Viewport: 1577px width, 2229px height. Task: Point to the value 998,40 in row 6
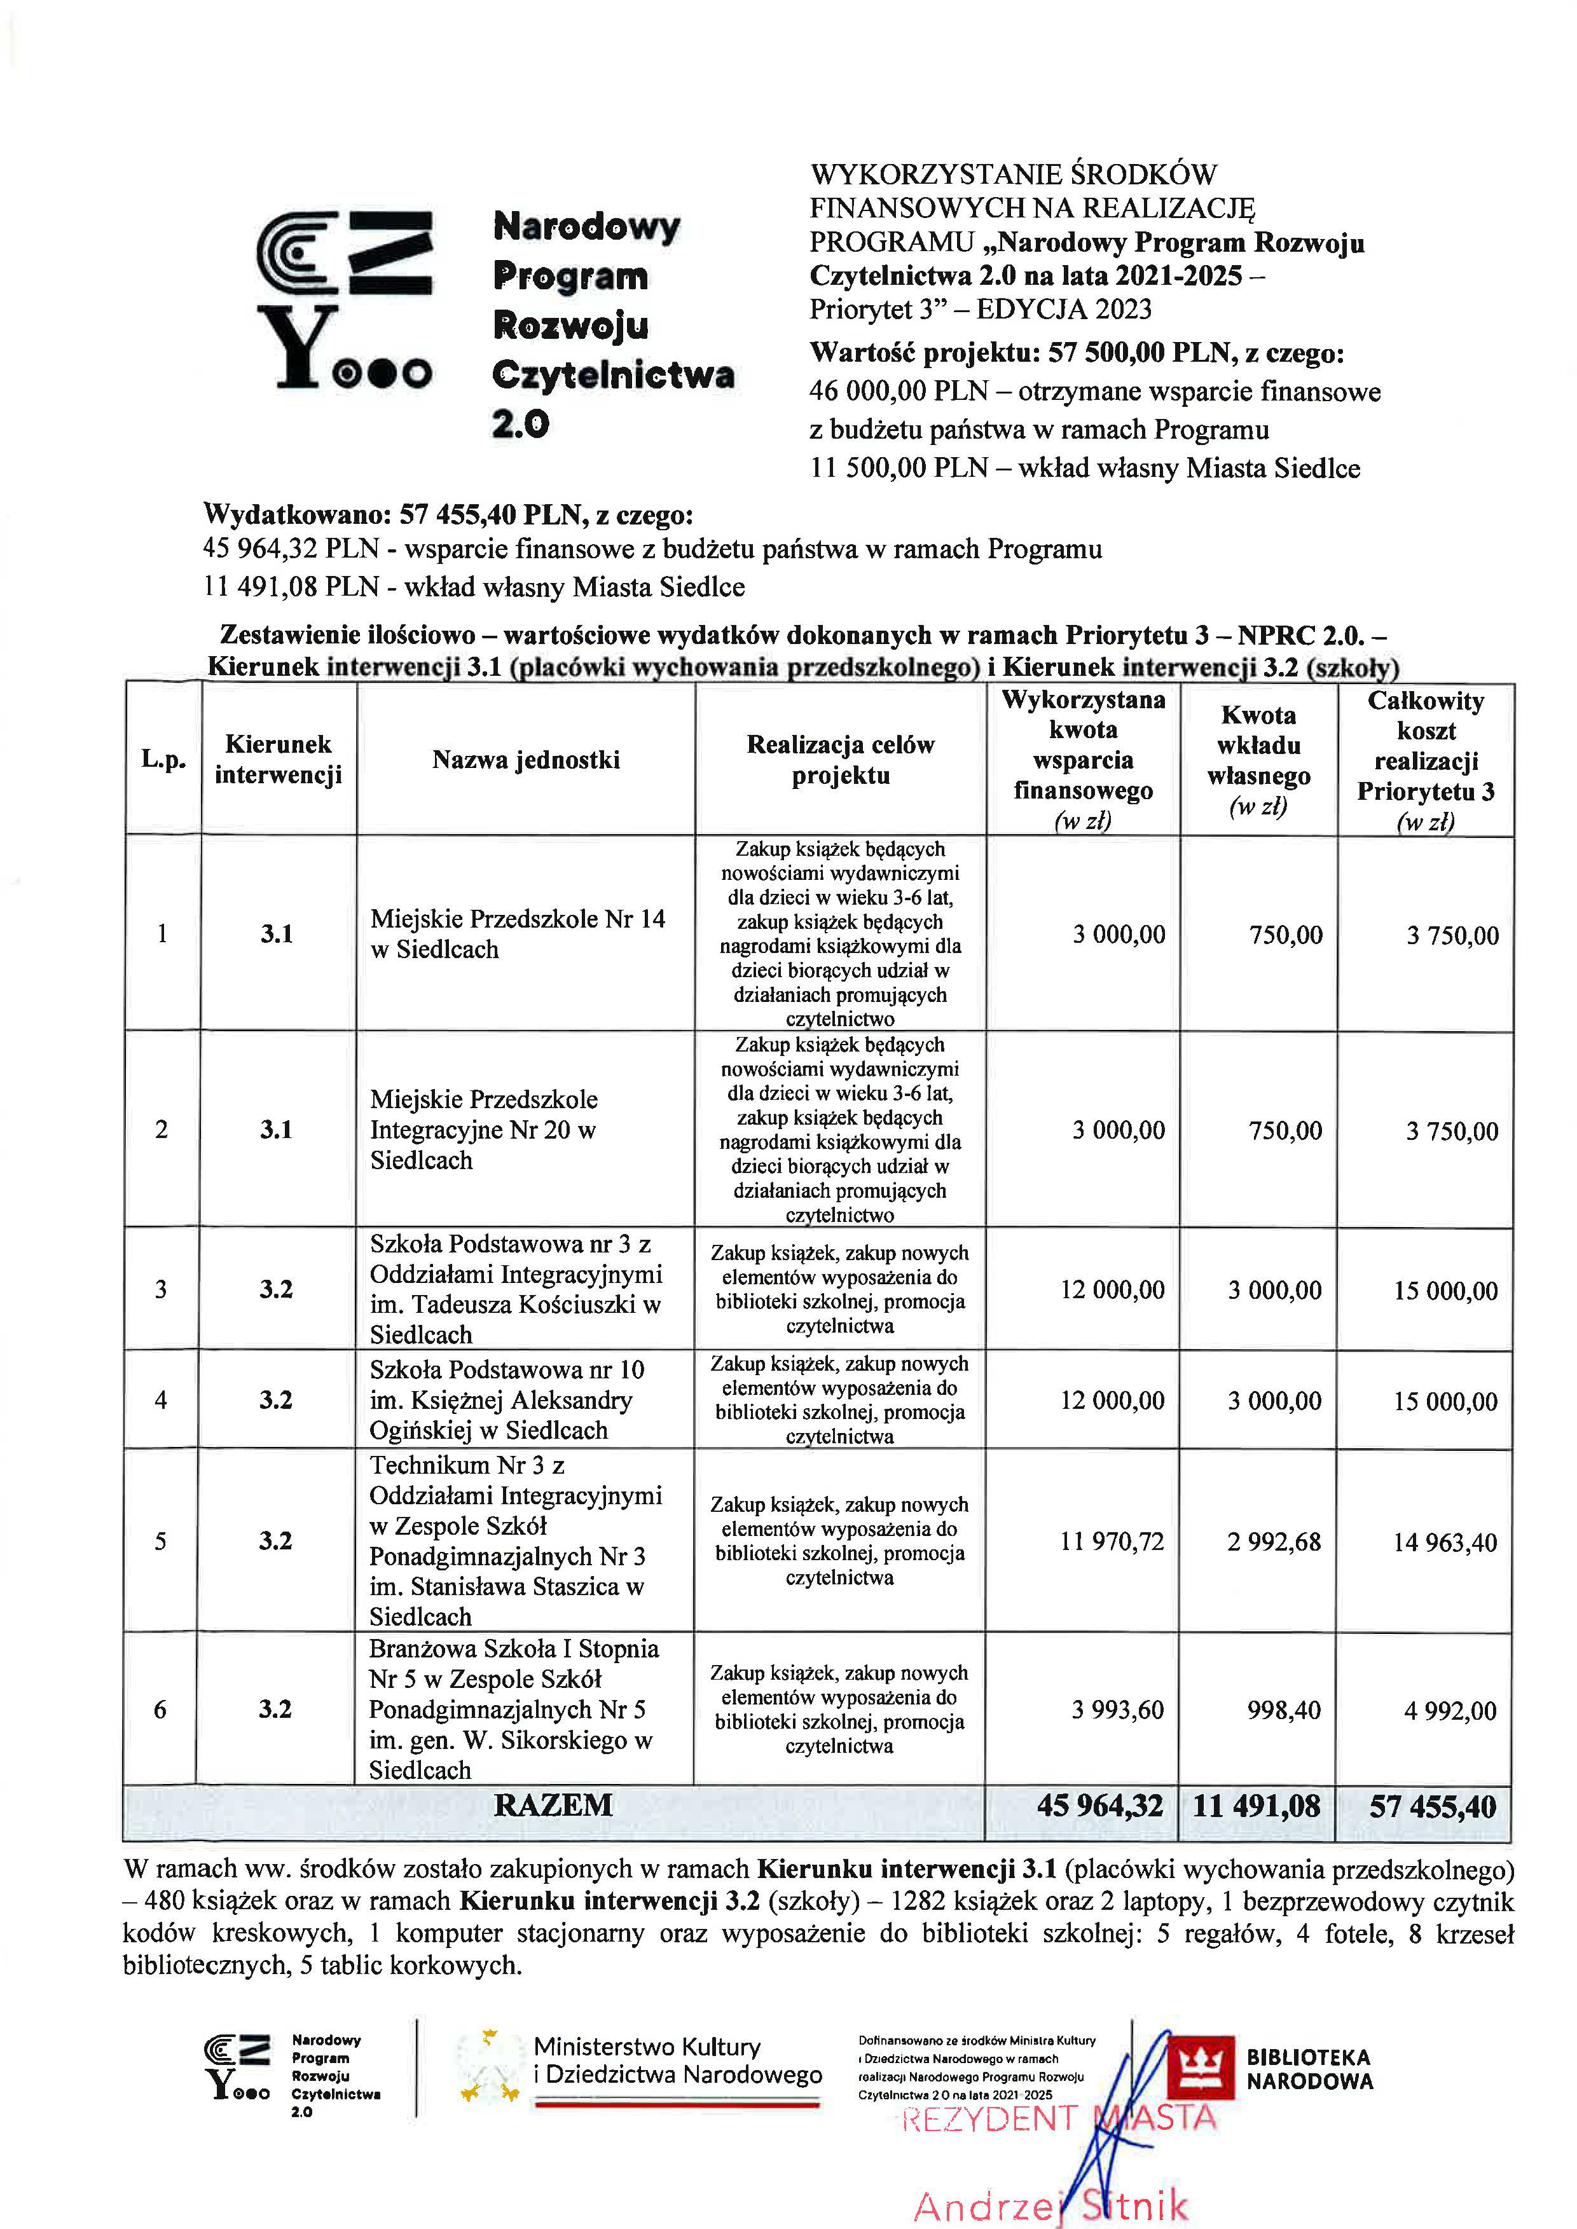tap(1284, 1710)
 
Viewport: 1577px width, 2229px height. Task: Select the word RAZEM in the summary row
tap(553, 1805)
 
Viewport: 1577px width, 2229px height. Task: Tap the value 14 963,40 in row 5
tap(1445, 1542)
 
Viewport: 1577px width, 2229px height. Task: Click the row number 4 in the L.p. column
tap(161, 1400)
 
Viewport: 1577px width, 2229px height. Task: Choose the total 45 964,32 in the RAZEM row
tap(1099, 1805)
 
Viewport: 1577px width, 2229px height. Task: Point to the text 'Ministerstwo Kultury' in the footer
tap(647, 2047)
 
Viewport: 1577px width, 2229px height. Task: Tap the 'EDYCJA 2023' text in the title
tap(1064, 309)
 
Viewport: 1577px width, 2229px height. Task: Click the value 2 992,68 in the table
tap(1274, 1542)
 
